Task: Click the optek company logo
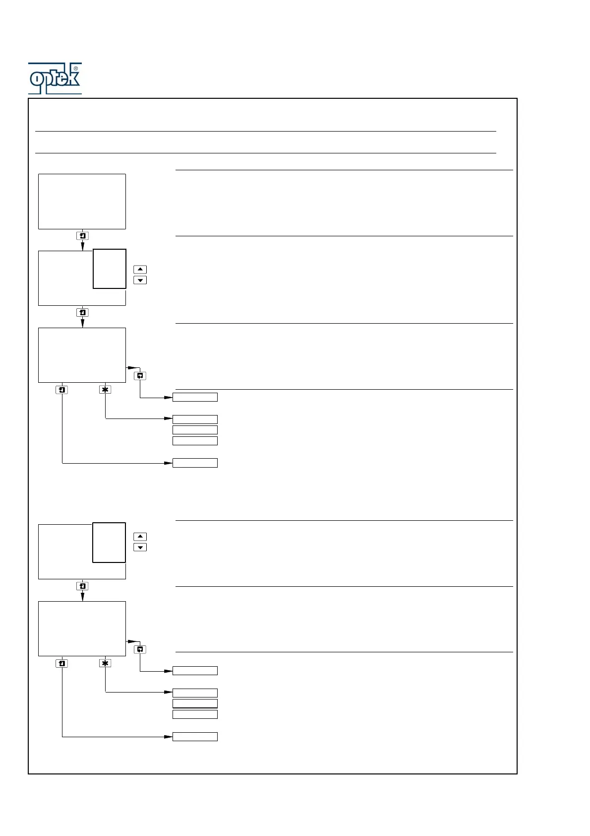tap(55, 78)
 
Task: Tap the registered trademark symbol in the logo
tap(75, 69)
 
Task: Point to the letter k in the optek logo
tap(72, 78)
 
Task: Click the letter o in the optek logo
tap(37, 78)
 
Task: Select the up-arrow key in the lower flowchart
tap(140, 537)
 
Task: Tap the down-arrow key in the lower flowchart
tap(140, 548)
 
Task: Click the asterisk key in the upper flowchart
tap(105, 390)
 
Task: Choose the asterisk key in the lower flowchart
tap(105, 663)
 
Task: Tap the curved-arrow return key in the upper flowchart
tap(140, 376)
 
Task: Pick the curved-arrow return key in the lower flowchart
tap(140, 649)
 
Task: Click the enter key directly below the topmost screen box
tap(83, 236)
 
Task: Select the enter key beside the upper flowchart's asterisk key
tap(62, 390)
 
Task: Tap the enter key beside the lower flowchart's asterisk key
tap(62, 663)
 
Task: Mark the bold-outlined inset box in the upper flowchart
tap(110, 269)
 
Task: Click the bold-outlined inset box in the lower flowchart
tap(109, 542)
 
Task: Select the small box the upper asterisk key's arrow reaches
tap(195, 419)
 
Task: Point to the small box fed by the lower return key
tap(195, 671)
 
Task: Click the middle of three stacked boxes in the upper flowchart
tap(195, 430)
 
